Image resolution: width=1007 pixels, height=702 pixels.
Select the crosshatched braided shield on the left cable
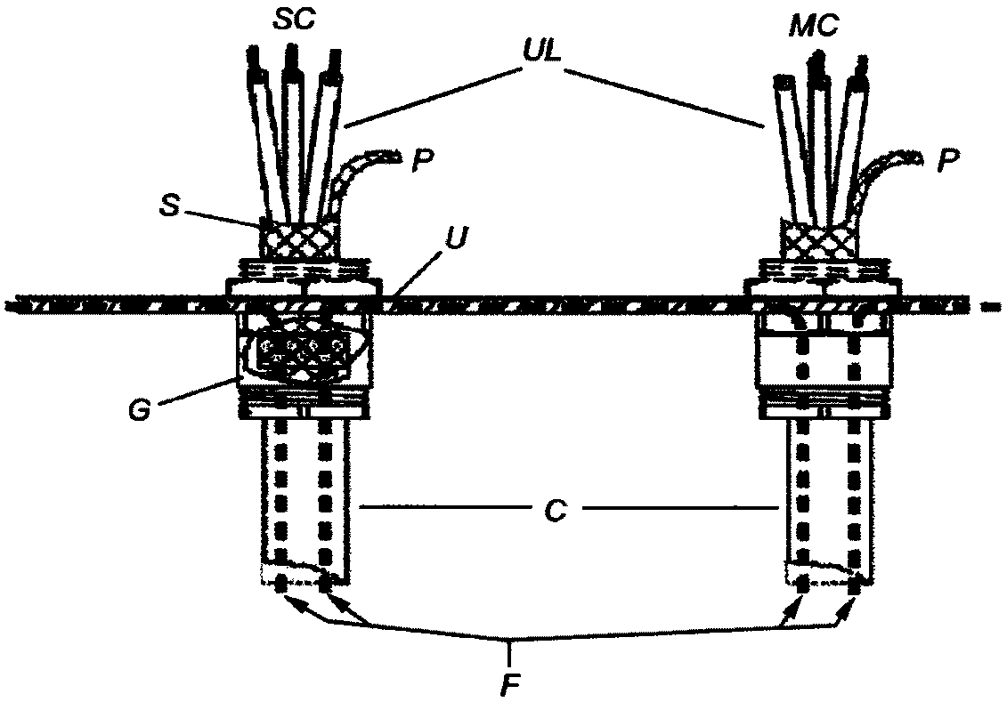point(300,237)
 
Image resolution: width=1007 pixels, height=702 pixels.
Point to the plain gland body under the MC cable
point(824,360)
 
